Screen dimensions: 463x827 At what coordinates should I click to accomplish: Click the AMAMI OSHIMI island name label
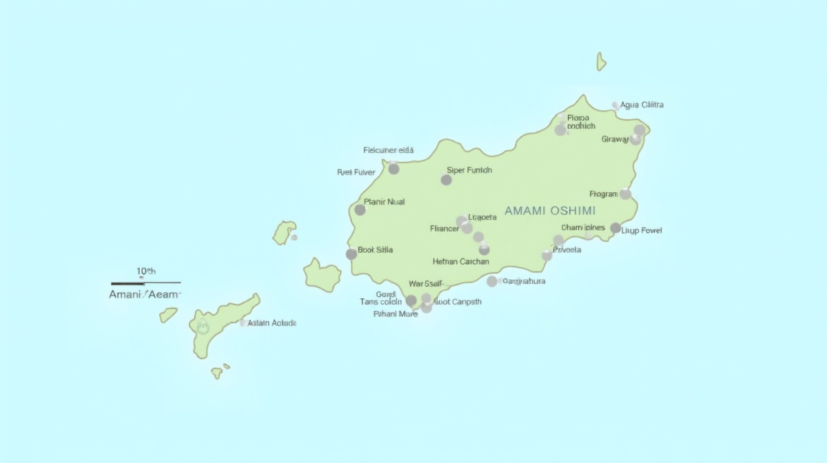(550, 211)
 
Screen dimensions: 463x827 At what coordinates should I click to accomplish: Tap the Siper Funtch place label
(469, 170)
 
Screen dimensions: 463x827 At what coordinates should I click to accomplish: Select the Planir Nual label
(384, 202)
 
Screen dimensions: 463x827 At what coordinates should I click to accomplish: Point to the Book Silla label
(376, 249)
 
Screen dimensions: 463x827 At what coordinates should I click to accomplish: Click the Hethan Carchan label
(460, 262)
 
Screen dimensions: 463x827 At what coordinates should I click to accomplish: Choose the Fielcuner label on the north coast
(388, 150)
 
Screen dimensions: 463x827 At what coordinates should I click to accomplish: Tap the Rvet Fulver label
(356, 172)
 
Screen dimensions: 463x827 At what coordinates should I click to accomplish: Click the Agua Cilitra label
(642, 105)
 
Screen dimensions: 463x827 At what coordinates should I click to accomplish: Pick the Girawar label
(615, 139)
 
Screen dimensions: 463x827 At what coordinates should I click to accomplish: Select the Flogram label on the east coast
(604, 194)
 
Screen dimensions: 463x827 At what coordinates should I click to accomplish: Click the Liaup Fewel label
(642, 230)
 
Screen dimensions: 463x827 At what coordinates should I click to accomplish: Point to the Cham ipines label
(583, 227)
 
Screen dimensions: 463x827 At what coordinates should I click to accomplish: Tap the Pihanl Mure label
(396, 314)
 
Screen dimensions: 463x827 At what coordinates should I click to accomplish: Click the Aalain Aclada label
(272, 322)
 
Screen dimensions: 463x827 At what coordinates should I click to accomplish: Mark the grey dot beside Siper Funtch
(447, 180)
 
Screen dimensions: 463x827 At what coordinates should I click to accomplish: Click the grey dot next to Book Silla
(351, 254)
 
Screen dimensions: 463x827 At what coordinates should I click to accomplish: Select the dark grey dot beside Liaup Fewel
(615, 228)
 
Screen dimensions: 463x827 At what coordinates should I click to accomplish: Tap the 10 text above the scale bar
(145, 271)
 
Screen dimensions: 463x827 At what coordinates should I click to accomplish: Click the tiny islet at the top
(601, 62)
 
